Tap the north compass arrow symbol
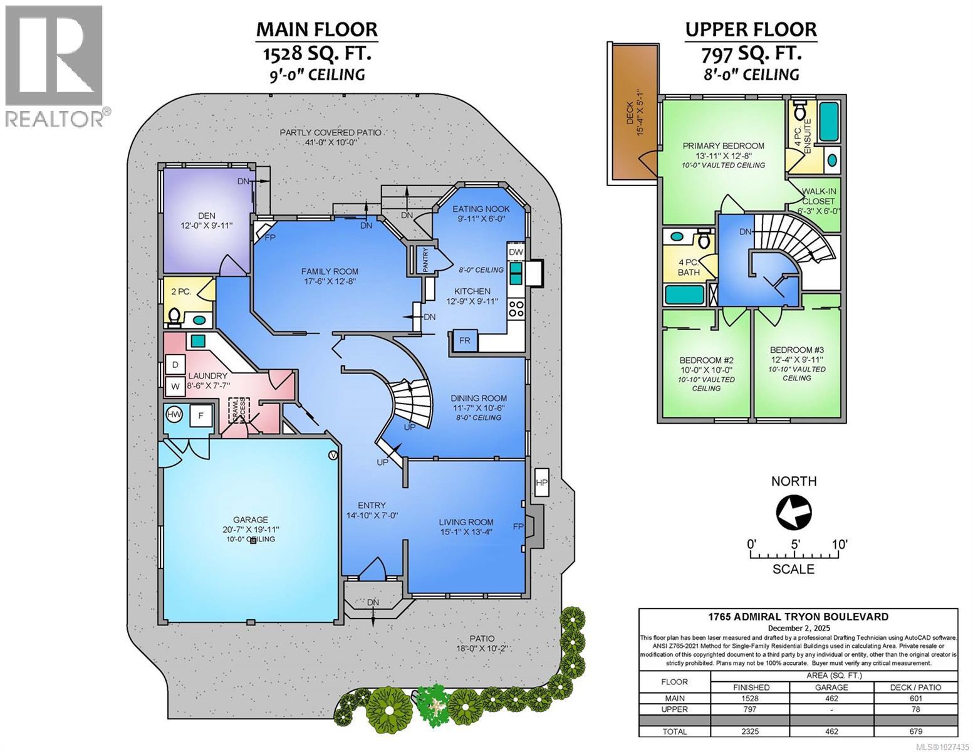pyautogui.click(x=793, y=512)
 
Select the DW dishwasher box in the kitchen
pyautogui.click(x=515, y=251)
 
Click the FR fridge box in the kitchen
pyautogui.click(x=464, y=340)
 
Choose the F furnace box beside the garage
pyautogui.click(x=200, y=415)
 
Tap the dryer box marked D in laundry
pyautogui.click(x=175, y=364)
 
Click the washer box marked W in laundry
pyautogui.click(x=175, y=386)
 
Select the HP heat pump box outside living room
pyautogui.click(x=541, y=483)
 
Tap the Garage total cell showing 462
pyautogui.click(x=831, y=731)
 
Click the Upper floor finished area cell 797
pyautogui.click(x=750, y=709)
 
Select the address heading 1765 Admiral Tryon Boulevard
pyautogui.click(x=798, y=617)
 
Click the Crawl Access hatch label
pyautogui.click(x=239, y=412)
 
